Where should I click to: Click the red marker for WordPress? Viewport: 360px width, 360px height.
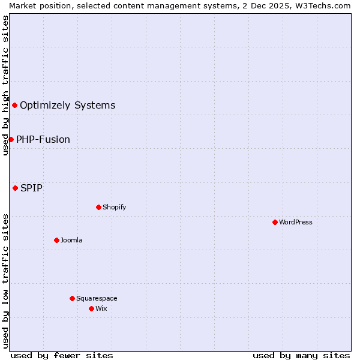click(x=275, y=222)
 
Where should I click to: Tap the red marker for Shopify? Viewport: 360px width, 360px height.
click(x=98, y=207)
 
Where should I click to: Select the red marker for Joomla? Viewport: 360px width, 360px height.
click(x=56, y=240)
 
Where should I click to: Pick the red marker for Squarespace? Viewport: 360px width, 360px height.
click(x=72, y=298)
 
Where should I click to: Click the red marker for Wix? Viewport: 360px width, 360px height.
click(x=91, y=308)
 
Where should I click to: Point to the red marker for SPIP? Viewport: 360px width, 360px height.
click(x=15, y=188)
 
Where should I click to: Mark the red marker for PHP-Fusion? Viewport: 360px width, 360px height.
click(x=11, y=139)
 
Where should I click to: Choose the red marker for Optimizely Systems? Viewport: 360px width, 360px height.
click(x=14, y=106)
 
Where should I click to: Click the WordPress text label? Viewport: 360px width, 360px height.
click(x=295, y=222)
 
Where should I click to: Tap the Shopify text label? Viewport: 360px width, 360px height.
click(x=114, y=207)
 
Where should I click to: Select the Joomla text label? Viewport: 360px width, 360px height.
click(x=71, y=240)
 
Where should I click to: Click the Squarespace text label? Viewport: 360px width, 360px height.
click(x=97, y=298)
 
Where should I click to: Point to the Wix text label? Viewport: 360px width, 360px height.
click(x=101, y=308)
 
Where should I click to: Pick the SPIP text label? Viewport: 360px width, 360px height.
click(x=31, y=188)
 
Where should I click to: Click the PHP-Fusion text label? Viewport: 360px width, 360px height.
click(x=43, y=139)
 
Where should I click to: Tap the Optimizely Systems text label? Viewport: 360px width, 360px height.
click(x=67, y=106)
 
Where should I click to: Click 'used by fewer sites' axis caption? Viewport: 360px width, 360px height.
click(x=62, y=355)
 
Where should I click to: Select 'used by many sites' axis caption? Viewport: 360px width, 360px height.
click(x=301, y=355)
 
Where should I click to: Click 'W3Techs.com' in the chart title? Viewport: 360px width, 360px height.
click(x=327, y=5)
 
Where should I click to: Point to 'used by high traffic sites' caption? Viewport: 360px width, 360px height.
click(x=5, y=85)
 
